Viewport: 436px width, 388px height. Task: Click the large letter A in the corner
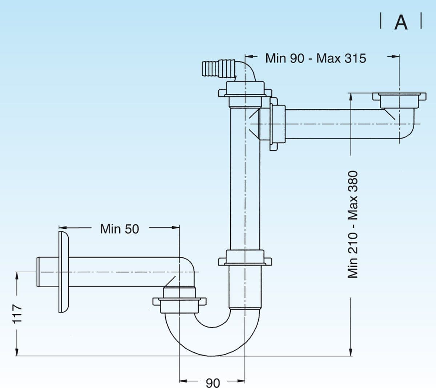click(401, 23)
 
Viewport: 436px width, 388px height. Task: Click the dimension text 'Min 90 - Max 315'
click(315, 58)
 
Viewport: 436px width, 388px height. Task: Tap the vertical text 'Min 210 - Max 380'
click(353, 224)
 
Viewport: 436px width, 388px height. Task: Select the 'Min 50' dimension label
click(120, 229)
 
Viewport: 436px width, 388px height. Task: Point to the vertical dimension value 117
click(17, 314)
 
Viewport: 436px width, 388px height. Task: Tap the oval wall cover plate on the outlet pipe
click(64, 272)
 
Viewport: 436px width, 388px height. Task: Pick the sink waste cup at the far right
click(399, 100)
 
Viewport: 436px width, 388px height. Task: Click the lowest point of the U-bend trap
click(212, 356)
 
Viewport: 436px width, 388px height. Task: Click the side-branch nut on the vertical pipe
click(277, 124)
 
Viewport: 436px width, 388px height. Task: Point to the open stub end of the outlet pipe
click(38, 272)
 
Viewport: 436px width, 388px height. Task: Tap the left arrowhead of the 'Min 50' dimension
click(62, 228)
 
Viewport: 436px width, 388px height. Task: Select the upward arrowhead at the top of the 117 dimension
click(17, 276)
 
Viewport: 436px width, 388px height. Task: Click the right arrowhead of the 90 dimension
click(241, 381)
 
